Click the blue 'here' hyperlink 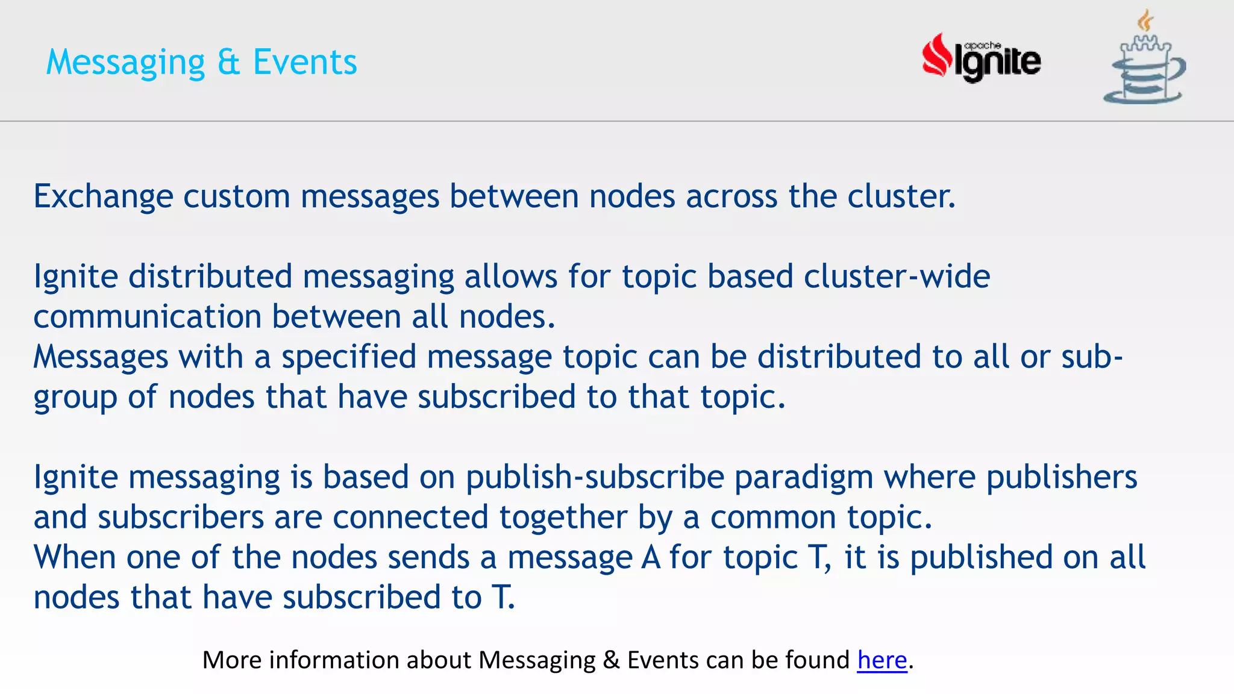pos(882,660)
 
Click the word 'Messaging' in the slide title pos(126,63)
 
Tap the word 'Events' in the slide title pos(305,62)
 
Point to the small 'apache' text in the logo pos(982,45)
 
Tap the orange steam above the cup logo pos(1145,21)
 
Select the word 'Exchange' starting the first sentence pos(103,197)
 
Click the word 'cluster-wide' pos(897,277)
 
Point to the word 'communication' pos(147,317)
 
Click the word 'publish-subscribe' pos(595,477)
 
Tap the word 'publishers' pos(1061,477)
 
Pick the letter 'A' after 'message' pos(651,557)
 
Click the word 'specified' pos(349,357)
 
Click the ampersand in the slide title pos(228,62)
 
